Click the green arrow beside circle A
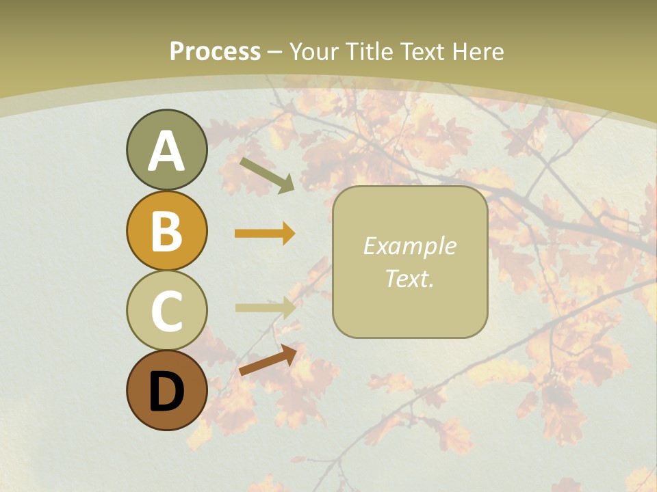(267, 175)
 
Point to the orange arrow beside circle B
(265, 234)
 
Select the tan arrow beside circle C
(265, 307)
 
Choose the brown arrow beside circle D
(268, 360)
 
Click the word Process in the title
(215, 52)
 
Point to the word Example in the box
(409, 246)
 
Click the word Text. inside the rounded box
(409, 278)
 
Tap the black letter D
(166, 392)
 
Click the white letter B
(166, 231)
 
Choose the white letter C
(166, 311)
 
